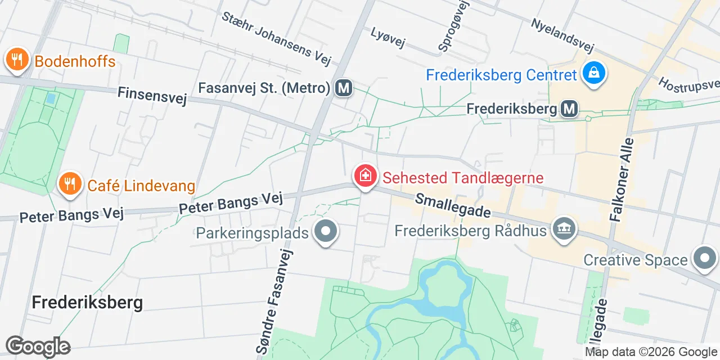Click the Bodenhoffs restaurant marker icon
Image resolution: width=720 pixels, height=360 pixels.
17,59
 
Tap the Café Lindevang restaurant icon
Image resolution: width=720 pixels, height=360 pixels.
70,184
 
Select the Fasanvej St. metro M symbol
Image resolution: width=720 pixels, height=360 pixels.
344,88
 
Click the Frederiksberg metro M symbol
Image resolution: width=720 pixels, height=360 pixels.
569,109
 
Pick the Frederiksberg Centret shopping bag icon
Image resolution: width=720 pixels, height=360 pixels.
593,74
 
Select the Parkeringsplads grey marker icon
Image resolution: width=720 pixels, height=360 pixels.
325,231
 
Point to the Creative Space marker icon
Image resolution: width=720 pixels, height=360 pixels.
704,259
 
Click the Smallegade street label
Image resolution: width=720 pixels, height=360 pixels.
453,206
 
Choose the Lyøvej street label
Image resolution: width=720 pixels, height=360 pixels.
388,38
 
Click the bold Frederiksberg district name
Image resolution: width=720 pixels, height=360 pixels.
87,302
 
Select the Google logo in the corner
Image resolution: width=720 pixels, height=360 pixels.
38,347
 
